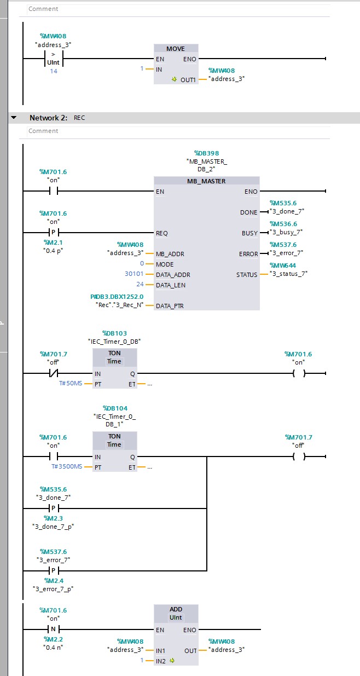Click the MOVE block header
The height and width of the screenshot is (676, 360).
pos(176,49)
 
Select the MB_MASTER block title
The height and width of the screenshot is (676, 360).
pos(206,181)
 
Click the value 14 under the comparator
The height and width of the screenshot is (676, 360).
pos(54,71)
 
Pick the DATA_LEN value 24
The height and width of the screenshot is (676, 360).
pos(140,285)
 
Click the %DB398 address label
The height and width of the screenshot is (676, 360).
pos(206,153)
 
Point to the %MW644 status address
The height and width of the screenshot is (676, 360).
pos(283,265)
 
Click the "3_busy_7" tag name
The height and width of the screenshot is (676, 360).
pos(286,232)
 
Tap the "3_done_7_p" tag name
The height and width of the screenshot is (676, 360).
pos(54,527)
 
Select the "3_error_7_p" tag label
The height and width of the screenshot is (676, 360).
pos(54,589)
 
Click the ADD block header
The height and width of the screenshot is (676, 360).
pos(176,609)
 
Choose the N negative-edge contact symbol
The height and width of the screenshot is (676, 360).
pos(54,629)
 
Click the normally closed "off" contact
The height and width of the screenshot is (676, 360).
pos(54,374)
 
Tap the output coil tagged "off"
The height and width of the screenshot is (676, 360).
pos(298,457)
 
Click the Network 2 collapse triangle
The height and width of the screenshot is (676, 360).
pos(14,118)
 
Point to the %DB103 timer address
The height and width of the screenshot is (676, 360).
pos(114,333)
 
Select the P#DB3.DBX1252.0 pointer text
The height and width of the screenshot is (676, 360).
pos(117,296)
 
